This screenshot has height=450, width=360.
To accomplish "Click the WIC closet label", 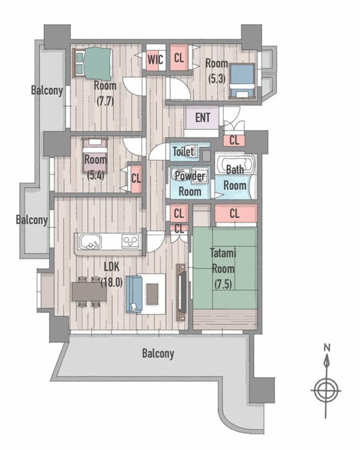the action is (155, 59).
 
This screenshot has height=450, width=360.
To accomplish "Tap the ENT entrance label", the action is (202, 118).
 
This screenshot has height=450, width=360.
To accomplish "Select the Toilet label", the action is (183, 151).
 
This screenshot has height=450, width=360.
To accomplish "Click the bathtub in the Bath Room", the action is (235, 163).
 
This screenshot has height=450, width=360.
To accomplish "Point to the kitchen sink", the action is (91, 241).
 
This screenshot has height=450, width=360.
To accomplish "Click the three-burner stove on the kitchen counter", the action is (131, 241).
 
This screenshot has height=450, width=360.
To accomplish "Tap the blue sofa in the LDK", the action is (134, 294).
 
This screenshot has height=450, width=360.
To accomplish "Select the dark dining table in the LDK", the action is (89, 292).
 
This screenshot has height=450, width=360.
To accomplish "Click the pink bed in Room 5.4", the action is (95, 155).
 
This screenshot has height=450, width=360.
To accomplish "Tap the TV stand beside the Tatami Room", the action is (181, 292).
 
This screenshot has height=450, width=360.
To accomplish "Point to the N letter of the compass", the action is (327, 347).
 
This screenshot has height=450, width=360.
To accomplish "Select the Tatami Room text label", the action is (223, 269).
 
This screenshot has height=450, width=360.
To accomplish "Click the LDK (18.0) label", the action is (111, 275).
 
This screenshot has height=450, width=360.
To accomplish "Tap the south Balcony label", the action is (158, 353).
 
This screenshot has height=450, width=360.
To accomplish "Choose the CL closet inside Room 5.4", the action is (136, 178).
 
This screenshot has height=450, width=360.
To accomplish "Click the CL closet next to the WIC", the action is (179, 58).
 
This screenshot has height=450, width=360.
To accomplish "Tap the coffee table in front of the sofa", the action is (152, 294).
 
